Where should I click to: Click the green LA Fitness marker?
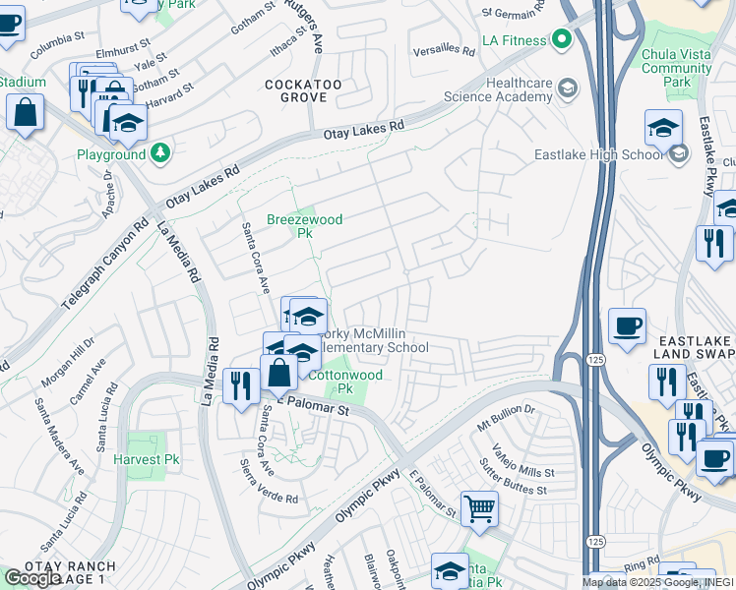(x=562, y=39)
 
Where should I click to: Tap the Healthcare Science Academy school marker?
(x=567, y=89)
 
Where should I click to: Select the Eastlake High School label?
(x=598, y=154)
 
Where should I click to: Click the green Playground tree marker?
(x=160, y=153)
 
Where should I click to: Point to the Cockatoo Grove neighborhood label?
(x=303, y=91)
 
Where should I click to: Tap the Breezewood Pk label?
(x=304, y=227)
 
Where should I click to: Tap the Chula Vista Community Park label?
(x=676, y=69)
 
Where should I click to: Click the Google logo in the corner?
(x=31, y=577)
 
